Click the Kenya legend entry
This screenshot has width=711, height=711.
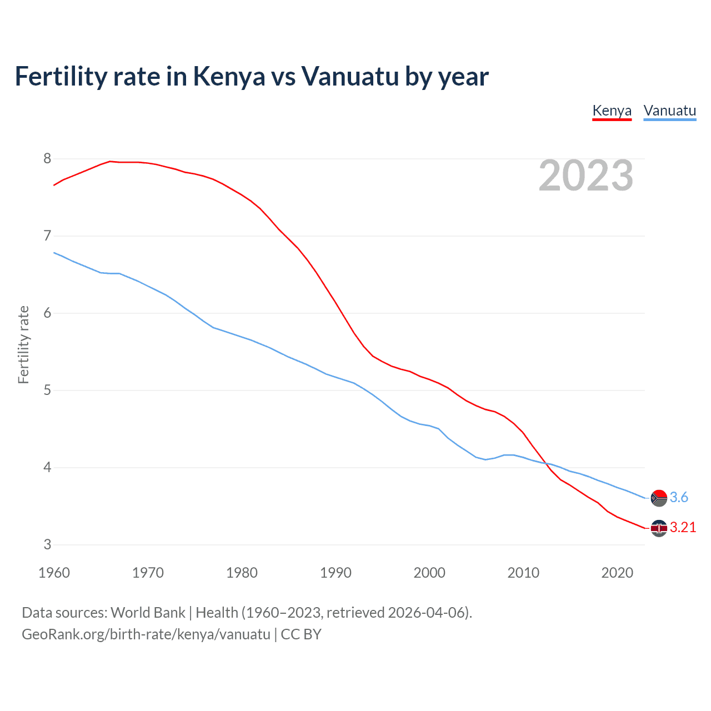pyautogui.click(x=612, y=111)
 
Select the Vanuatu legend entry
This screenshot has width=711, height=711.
pyautogui.click(x=669, y=111)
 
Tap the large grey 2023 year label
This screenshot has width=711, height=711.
pyautogui.click(x=585, y=176)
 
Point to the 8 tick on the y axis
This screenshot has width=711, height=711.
pyautogui.click(x=47, y=159)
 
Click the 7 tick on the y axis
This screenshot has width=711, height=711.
pyautogui.click(x=47, y=236)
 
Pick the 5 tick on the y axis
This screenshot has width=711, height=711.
pyautogui.click(x=47, y=390)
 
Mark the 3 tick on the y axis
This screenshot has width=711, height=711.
pyautogui.click(x=47, y=545)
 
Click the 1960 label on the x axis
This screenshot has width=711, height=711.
pyautogui.click(x=54, y=573)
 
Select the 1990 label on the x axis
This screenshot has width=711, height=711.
pyautogui.click(x=336, y=573)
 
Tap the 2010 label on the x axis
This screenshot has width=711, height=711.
pyautogui.click(x=523, y=573)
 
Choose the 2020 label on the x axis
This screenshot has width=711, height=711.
pyautogui.click(x=617, y=573)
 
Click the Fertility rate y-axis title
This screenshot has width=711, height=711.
pyautogui.click(x=23, y=344)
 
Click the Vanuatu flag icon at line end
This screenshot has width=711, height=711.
pyautogui.click(x=659, y=498)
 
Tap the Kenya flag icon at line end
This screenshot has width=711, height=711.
pyautogui.click(x=659, y=528)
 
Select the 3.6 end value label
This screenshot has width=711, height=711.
pyautogui.click(x=679, y=498)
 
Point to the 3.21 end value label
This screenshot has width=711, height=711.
pyautogui.click(x=683, y=528)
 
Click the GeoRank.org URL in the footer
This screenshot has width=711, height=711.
pyautogui.click(x=146, y=634)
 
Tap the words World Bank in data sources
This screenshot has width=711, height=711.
pyautogui.click(x=148, y=613)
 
